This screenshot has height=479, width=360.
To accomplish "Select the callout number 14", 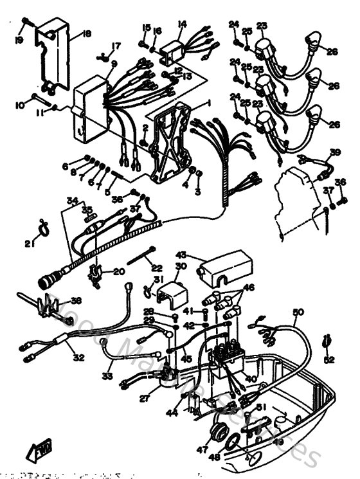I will [182, 24].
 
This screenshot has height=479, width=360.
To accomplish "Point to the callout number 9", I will [114, 64].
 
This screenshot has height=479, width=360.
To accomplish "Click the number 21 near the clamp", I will [28, 243].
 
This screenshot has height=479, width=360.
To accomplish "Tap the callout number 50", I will [297, 312].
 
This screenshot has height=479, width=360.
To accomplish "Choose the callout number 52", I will [329, 359].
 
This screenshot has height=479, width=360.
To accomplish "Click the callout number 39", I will [334, 152].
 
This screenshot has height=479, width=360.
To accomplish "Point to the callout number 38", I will [76, 300].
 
